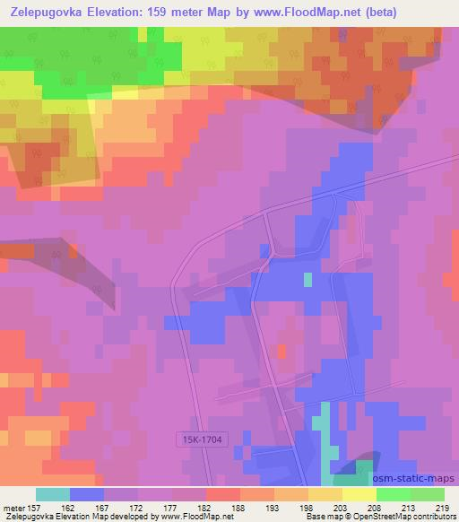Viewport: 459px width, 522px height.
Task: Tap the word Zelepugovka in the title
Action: (46, 12)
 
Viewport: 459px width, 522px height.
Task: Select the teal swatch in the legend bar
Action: (53, 494)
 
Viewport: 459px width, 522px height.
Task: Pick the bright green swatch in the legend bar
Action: (394, 494)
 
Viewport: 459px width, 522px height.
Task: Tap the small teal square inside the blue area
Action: (307, 279)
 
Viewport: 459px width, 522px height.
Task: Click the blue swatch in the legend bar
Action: (87, 494)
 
